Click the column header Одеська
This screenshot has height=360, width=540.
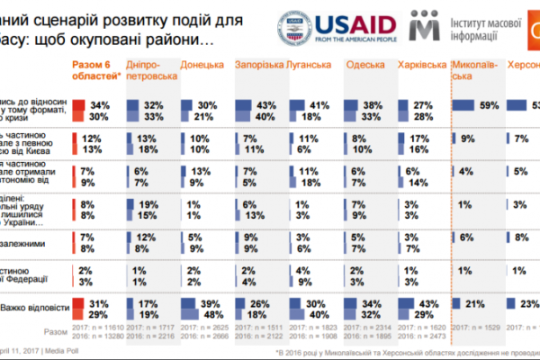364,65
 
